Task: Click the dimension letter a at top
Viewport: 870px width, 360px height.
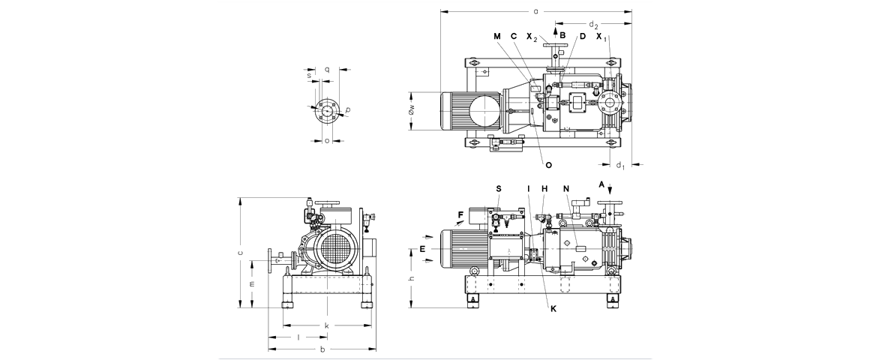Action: coord(535,11)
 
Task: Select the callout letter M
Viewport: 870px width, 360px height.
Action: coord(496,36)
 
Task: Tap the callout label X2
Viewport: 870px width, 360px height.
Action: coord(531,37)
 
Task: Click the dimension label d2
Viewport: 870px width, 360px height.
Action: coord(593,25)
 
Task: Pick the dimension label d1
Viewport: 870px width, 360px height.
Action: coord(619,165)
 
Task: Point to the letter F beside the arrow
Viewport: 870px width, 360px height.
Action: coord(460,215)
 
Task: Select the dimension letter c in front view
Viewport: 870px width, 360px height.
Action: coord(239,253)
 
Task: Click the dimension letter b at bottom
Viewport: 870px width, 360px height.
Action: coord(322,349)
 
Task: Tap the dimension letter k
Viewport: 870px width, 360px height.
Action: coord(326,325)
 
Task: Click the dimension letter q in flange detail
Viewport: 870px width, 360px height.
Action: coord(328,69)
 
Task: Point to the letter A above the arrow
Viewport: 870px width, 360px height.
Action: coord(601,184)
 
